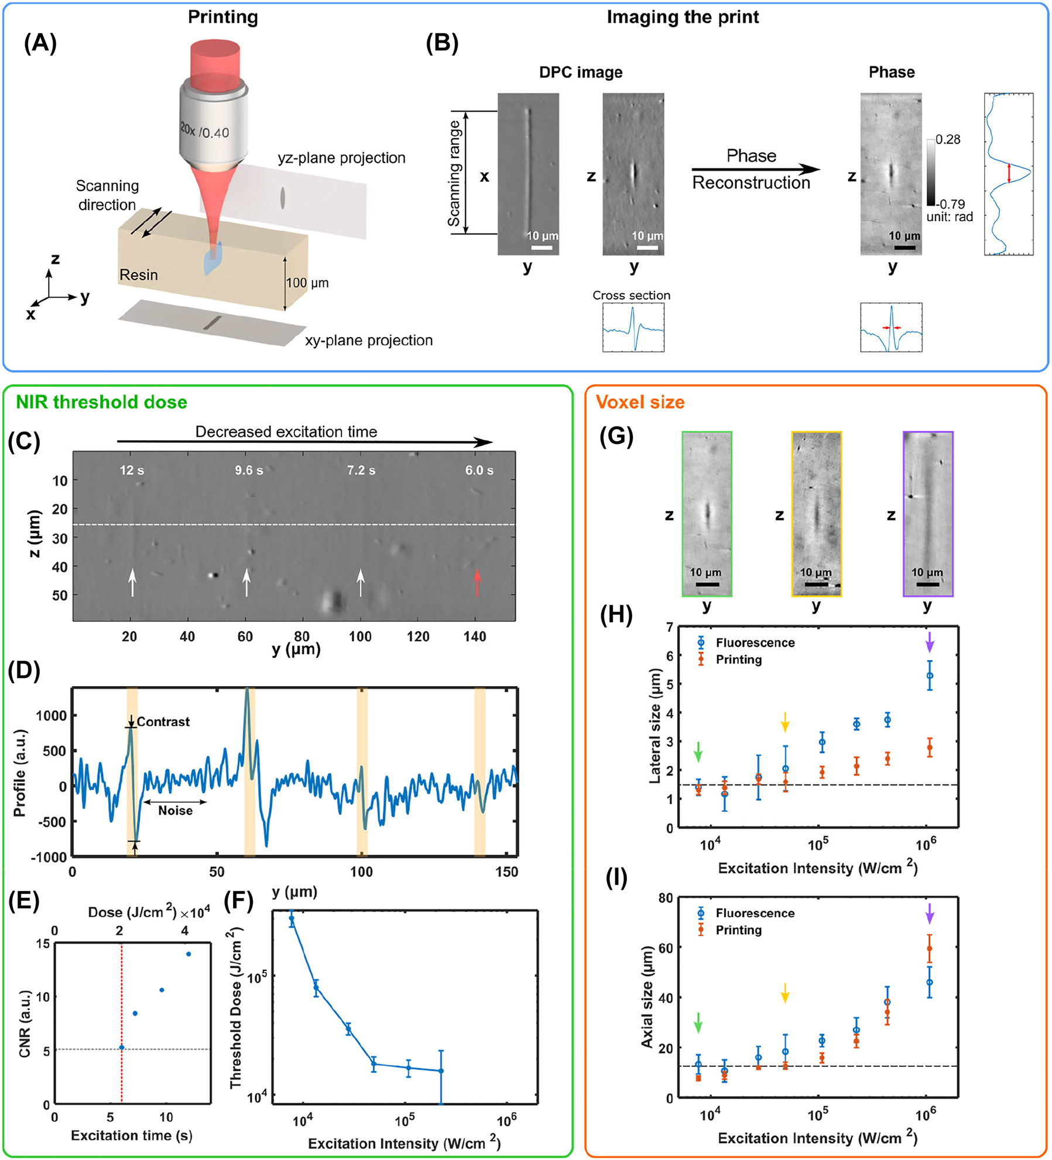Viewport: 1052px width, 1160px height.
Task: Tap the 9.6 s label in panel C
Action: coord(249,470)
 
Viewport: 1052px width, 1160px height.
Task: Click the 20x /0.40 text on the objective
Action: coord(204,131)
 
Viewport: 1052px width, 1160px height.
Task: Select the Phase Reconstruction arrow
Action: coord(755,170)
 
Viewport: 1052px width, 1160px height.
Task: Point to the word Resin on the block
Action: coord(139,274)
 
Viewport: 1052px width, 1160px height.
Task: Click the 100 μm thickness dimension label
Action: coord(307,283)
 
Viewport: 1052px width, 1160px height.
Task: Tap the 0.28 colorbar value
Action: coord(948,139)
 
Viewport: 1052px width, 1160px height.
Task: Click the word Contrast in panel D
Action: coord(163,722)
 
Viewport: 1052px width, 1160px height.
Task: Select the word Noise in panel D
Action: coord(175,810)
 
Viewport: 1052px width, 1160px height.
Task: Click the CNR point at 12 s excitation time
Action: coord(189,954)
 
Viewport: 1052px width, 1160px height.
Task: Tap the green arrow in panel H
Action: coord(698,752)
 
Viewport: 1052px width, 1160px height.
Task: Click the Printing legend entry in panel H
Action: coord(738,660)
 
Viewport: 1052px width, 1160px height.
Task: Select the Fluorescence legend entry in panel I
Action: coord(755,913)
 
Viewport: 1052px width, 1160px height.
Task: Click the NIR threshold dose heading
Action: coord(101,402)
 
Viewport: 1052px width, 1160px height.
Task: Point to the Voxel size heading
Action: coord(640,402)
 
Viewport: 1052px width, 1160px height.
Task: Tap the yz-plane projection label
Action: coord(341,158)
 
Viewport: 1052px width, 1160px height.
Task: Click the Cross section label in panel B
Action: coord(631,295)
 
